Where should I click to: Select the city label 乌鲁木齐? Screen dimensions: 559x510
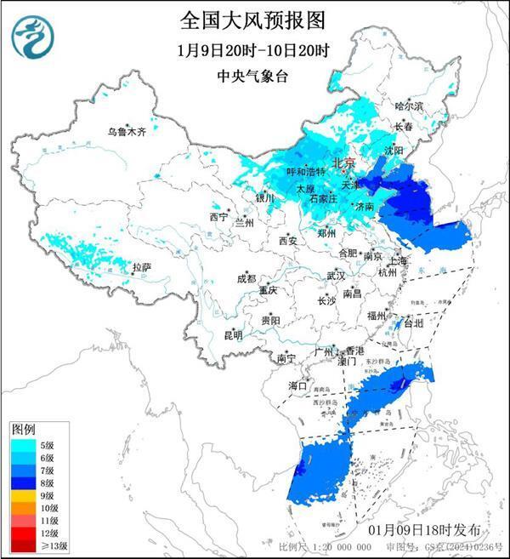point(127,133)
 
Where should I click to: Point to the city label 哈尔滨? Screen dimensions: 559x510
point(409,106)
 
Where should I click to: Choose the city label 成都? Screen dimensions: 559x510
point(246,278)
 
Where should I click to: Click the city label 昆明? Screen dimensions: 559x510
point(232,335)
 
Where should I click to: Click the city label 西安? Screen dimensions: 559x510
point(287,242)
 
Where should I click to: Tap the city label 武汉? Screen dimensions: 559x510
point(336,276)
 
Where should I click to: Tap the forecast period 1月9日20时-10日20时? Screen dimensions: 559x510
point(253,49)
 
